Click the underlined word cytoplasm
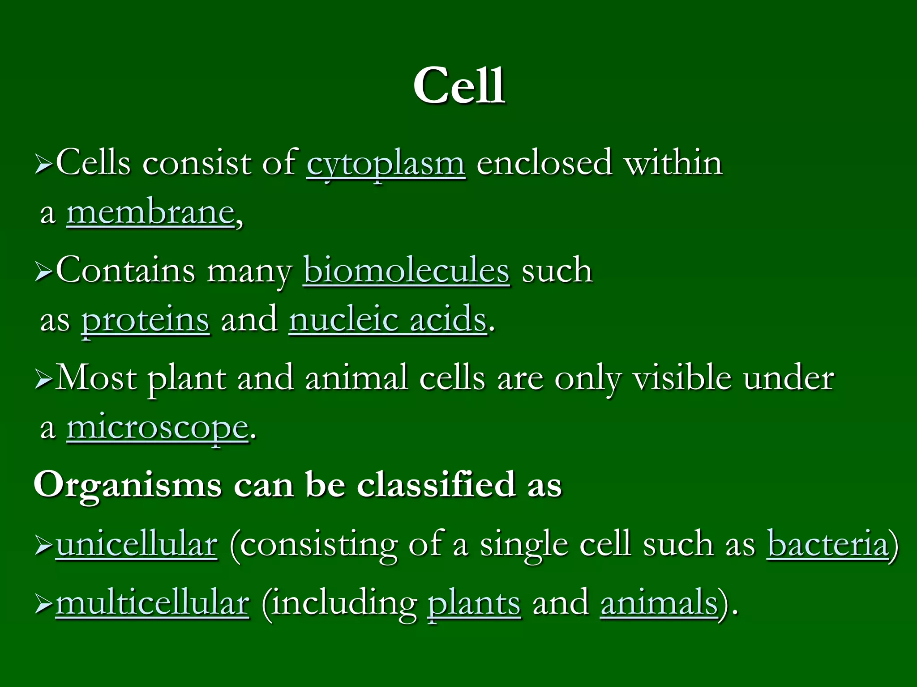(x=386, y=164)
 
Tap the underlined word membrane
(x=151, y=212)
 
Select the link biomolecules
(x=406, y=271)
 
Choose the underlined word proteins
(x=145, y=320)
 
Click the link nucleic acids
(x=388, y=319)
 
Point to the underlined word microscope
(x=158, y=428)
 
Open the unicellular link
(x=137, y=544)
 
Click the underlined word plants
(x=474, y=604)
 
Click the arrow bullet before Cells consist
(x=43, y=165)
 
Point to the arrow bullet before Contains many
(x=43, y=272)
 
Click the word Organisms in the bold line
(x=128, y=486)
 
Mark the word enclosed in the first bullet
(x=544, y=163)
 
